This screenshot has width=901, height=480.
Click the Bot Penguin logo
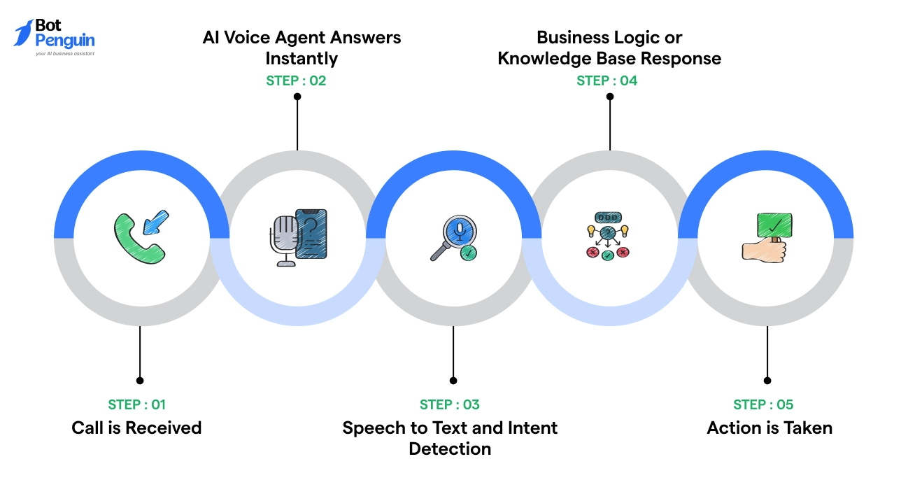[55, 37]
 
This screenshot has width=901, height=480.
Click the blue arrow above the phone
[155, 222]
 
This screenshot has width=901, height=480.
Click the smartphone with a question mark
[312, 233]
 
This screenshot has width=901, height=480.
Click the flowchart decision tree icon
[607, 237]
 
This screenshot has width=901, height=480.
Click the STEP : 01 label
[137, 404]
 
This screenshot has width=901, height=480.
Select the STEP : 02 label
[296, 80]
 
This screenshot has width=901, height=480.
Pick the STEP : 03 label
[450, 404]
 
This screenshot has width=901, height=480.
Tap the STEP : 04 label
[607, 80]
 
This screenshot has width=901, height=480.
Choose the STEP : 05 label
[763, 404]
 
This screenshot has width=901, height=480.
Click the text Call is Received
[136, 428]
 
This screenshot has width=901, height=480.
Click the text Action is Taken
[769, 428]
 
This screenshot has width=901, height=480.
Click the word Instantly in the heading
[301, 58]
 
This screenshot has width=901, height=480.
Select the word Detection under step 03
[450, 449]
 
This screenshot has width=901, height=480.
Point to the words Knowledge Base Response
[609, 58]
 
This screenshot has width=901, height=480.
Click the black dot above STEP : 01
[140, 381]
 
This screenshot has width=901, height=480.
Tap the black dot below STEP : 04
[609, 97]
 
